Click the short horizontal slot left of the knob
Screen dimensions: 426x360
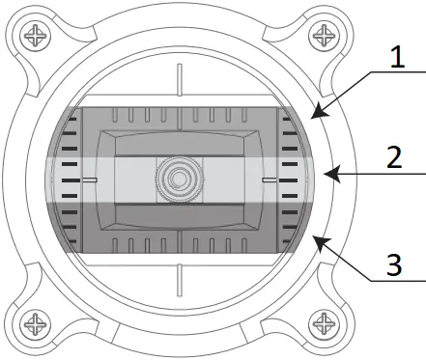click(x=91, y=180)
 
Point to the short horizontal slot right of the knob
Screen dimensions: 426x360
click(x=268, y=180)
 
